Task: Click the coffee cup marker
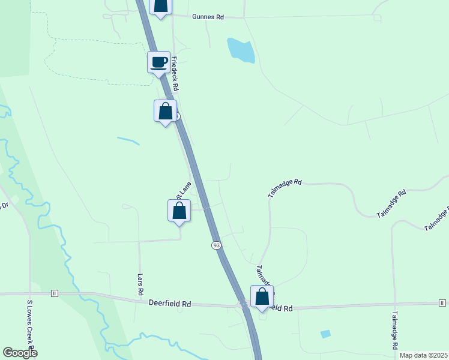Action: coord(159,62)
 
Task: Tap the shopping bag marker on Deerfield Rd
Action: coord(262,296)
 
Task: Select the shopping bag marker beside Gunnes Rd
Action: coord(160,5)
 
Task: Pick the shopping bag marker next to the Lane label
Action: coord(179,211)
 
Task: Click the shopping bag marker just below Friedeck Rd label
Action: coord(166,111)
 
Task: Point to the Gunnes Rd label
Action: coord(208,17)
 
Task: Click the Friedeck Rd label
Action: coord(175,74)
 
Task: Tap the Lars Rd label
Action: coord(140,285)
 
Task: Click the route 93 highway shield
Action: coord(216,245)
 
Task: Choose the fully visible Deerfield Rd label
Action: coord(170,304)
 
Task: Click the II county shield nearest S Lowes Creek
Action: coord(55,293)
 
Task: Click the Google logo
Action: coord(20,353)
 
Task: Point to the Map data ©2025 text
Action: coord(424,355)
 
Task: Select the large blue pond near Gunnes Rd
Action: coord(241,50)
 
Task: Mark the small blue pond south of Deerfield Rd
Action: coord(325,334)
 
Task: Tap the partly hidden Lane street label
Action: coord(182,190)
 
